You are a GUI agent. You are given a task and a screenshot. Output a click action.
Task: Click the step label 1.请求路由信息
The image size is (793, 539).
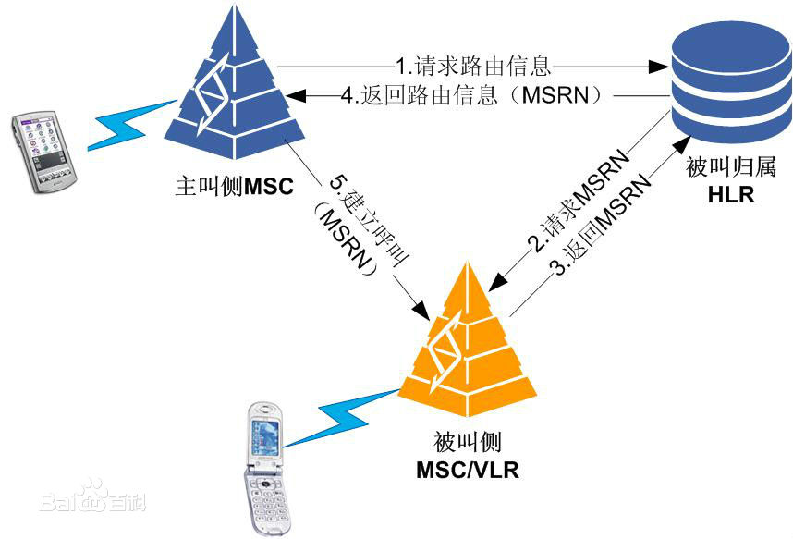(473, 66)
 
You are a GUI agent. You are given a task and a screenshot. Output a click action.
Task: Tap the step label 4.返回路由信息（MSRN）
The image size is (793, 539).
(472, 95)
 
